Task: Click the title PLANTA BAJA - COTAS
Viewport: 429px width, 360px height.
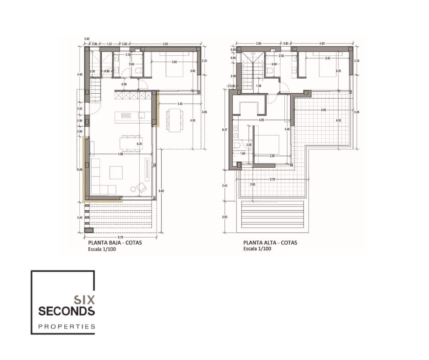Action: (115, 243)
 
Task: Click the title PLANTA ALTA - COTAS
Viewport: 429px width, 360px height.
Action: (270, 243)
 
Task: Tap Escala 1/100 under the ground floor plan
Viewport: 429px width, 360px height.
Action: (102, 249)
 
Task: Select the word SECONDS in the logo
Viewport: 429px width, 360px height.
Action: (67, 312)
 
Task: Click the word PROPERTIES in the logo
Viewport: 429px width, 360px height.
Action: (67, 327)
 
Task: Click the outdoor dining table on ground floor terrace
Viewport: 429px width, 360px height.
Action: (173, 119)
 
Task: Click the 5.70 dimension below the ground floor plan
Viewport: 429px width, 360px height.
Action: (120, 238)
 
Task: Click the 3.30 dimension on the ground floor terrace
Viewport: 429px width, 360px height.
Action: (180, 104)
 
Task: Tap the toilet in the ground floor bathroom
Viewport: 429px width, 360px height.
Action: (138, 69)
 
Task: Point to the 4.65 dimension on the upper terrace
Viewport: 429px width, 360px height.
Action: (323, 110)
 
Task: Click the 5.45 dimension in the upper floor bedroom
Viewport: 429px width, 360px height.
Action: (287, 130)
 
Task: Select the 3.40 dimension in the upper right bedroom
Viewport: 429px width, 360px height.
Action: (327, 58)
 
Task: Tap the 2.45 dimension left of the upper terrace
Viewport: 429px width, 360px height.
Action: (225, 185)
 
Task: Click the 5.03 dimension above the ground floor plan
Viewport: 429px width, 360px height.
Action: (165, 44)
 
